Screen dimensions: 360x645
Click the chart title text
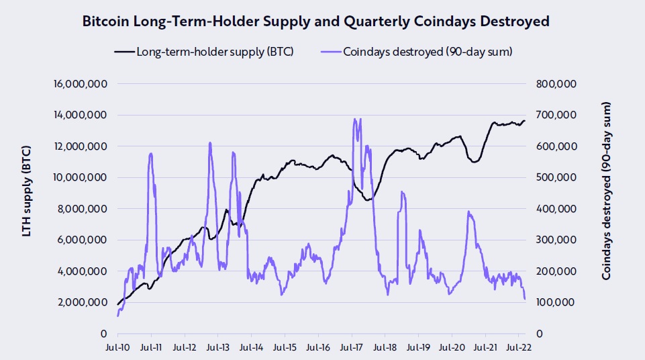click(x=315, y=21)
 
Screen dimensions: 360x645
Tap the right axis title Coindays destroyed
click(x=607, y=191)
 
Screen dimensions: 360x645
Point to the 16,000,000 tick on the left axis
click(x=80, y=84)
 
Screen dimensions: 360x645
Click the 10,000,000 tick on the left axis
click(x=80, y=178)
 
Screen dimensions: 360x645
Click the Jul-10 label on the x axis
click(x=118, y=349)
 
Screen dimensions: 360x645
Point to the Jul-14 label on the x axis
click(x=252, y=349)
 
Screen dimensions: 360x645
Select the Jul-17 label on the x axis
click(x=352, y=349)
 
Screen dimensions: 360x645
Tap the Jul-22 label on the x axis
click(x=519, y=349)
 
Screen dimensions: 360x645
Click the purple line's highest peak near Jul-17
click(x=354, y=119)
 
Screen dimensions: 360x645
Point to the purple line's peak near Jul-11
click(x=151, y=153)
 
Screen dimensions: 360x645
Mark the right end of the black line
click(x=525, y=121)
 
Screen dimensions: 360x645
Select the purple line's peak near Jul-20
click(x=468, y=212)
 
